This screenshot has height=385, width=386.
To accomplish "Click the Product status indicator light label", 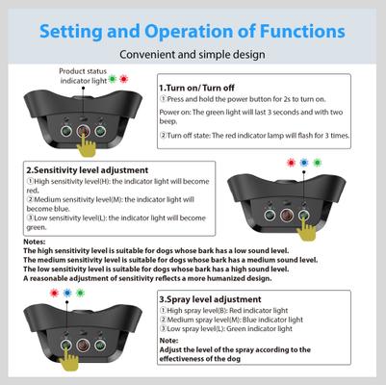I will point(83,75).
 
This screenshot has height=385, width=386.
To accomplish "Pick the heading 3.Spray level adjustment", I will point(214,299).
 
